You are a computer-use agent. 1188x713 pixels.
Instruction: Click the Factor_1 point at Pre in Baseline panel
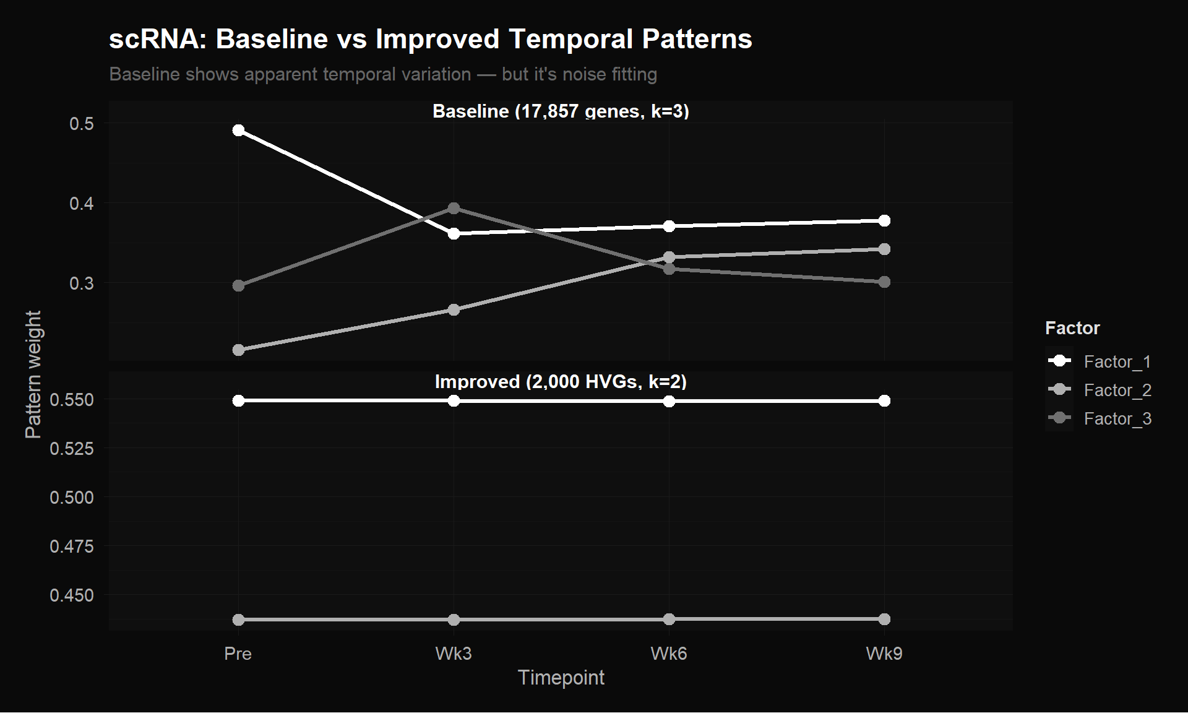tap(238, 131)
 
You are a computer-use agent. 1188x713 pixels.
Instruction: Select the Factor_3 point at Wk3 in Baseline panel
tap(454, 209)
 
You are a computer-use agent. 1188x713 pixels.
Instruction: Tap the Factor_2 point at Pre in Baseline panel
tap(238, 350)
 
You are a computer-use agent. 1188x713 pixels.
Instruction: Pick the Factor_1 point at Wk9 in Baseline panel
tap(884, 221)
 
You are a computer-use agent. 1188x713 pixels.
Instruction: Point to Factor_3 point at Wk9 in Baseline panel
tap(884, 282)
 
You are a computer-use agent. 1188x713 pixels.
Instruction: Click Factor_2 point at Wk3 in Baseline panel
tap(454, 309)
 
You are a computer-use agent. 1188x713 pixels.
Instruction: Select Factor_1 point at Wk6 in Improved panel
tap(669, 402)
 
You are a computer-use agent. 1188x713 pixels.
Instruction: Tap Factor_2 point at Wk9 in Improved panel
tap(884, 619)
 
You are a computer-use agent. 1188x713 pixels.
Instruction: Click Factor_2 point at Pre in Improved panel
tap(238, 620)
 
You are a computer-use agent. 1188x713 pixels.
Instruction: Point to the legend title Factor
tap(1072, 328)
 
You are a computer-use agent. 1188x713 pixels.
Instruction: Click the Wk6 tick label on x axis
tap(669, 654)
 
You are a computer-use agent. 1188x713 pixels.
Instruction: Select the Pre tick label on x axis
tap(238, 654)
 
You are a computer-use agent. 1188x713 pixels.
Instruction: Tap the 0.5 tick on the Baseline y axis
tap(82, 124)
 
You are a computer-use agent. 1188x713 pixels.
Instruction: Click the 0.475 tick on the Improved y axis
tap(72, 546)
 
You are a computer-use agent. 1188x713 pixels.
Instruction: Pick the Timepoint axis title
tap(561, 678)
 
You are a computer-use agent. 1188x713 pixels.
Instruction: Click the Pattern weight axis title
tap(33, 374)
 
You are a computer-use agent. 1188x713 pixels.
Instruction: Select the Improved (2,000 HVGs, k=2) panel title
tap(561, 382)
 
